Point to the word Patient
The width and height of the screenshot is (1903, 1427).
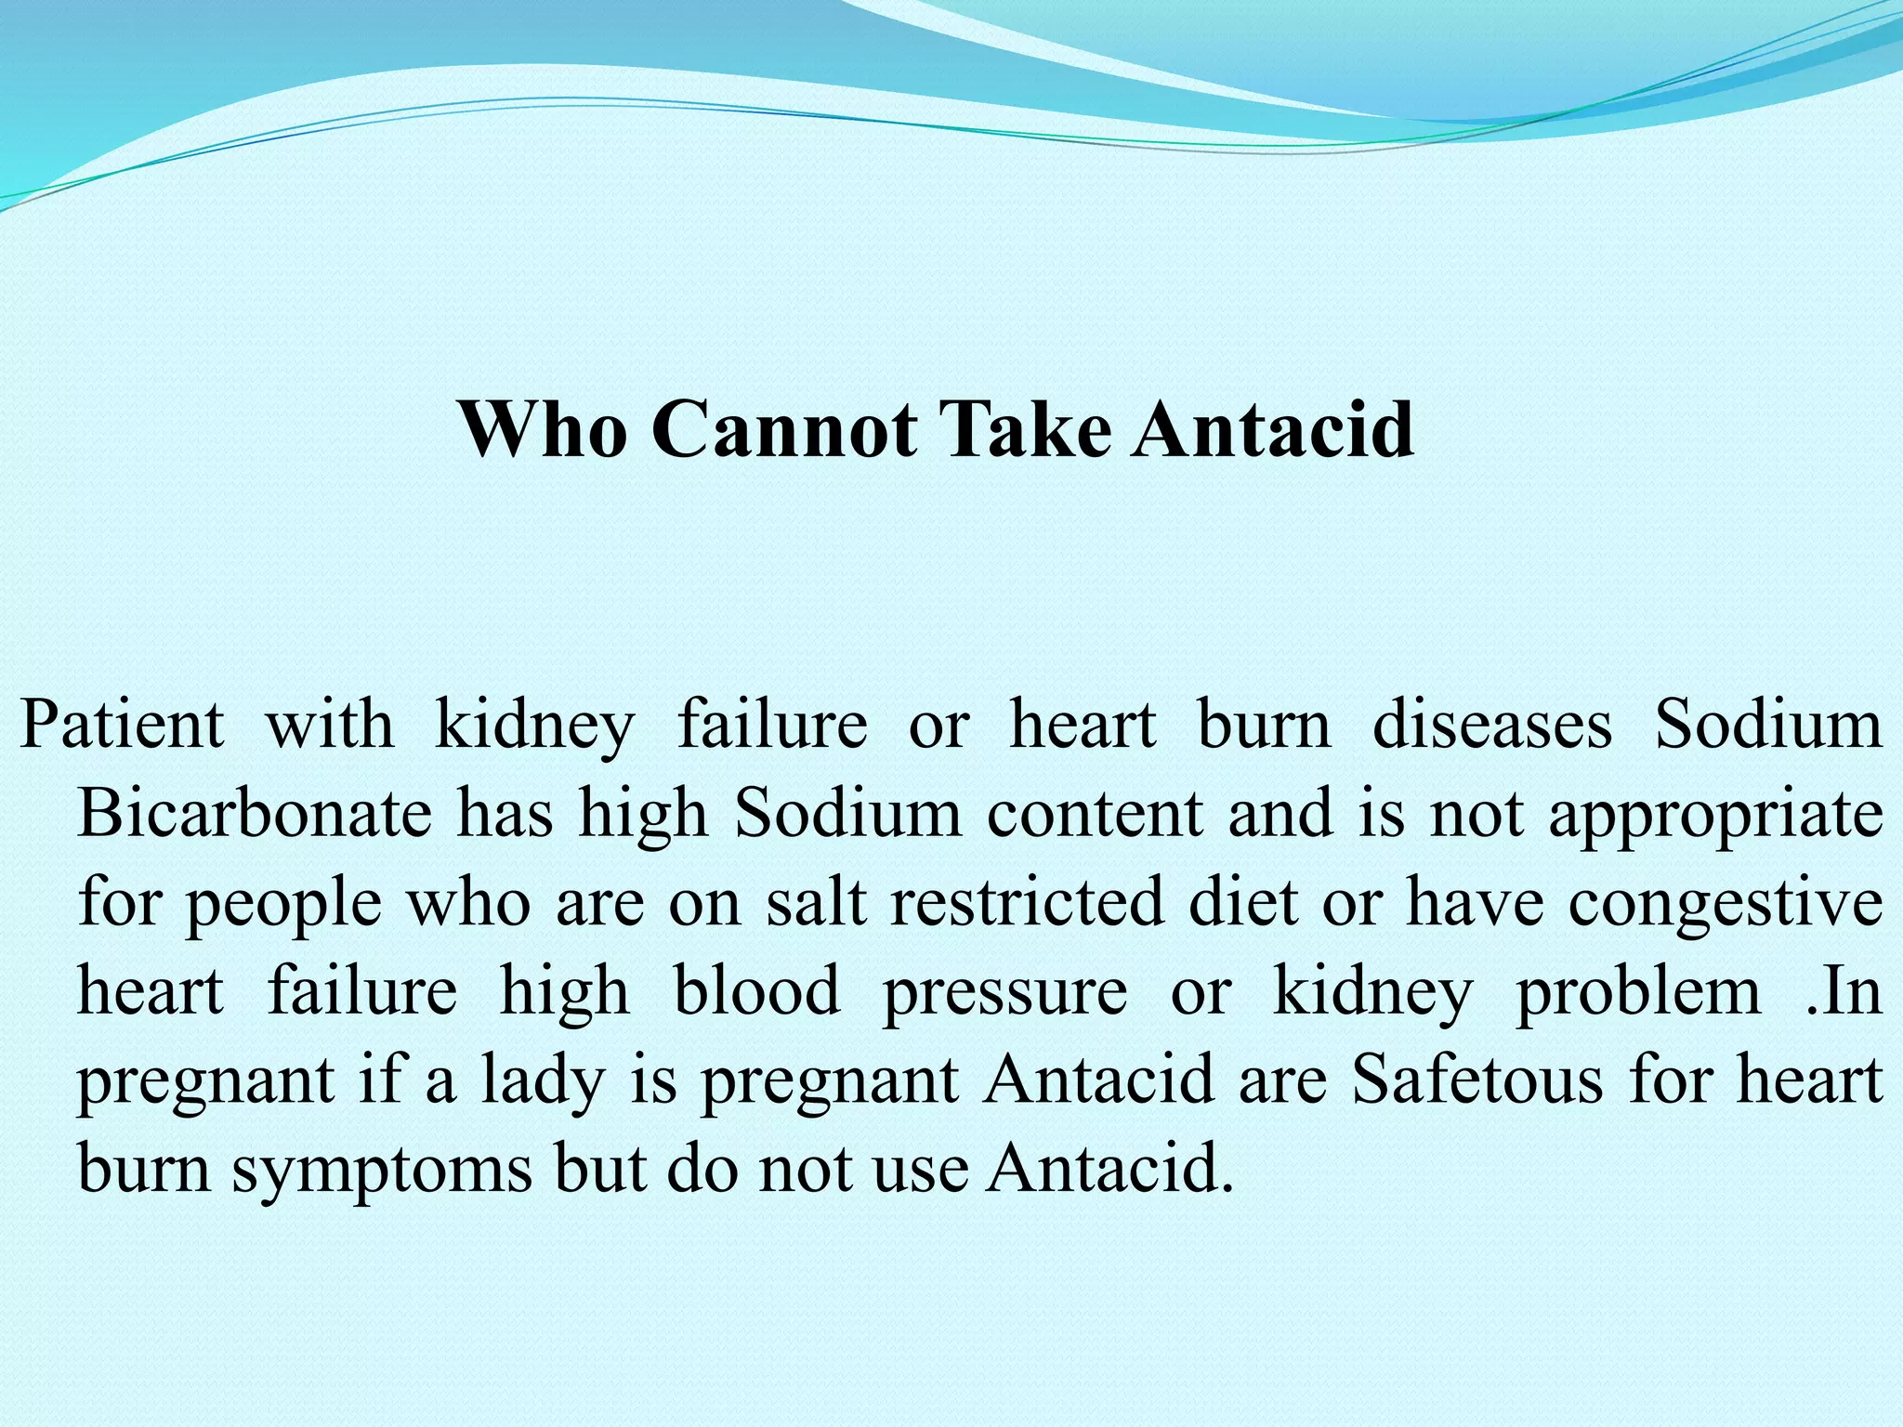coord(123,724)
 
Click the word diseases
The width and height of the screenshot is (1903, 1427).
coord(1492,724)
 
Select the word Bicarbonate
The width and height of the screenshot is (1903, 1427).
coord(254,813)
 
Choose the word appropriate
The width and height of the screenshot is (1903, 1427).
coord(1715,815)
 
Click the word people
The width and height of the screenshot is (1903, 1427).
coord(283,903)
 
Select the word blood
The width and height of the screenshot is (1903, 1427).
coord(756,990)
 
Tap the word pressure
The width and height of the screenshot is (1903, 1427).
coord(1004,992)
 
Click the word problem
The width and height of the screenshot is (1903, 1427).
coord(1638,990)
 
